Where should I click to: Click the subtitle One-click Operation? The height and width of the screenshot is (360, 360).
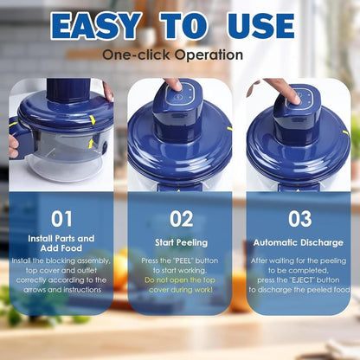click(x=172, y=55)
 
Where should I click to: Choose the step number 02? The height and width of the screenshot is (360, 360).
click(x=181, y=219)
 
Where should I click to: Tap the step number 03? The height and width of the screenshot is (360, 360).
click(x=299, y=219)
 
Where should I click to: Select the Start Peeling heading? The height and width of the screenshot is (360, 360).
click(x=181, y=243)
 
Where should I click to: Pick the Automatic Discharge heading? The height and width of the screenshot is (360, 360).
click(x=299, y=243)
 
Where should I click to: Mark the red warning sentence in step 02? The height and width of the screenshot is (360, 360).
click(x=181, y=285)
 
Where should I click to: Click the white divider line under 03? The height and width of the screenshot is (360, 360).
click(x=299, y=233)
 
